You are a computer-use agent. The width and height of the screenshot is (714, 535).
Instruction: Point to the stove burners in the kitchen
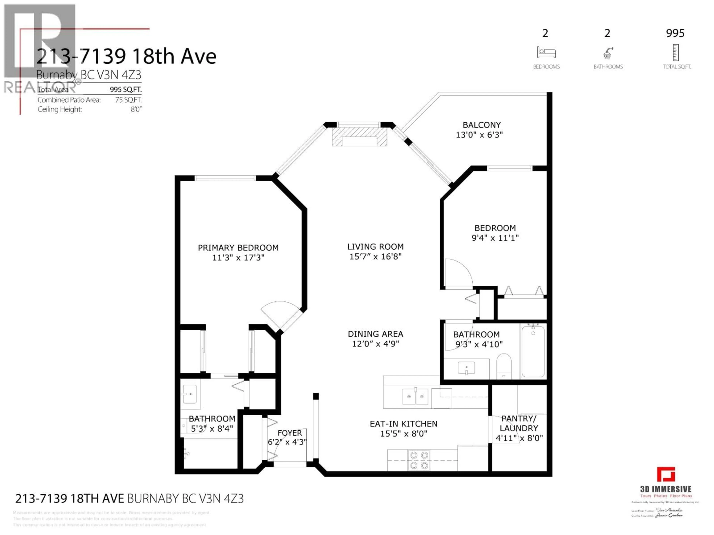pyautogui.click(x=419, y=460)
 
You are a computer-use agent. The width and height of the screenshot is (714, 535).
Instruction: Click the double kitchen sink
pyautogui.click(x=415, y=396)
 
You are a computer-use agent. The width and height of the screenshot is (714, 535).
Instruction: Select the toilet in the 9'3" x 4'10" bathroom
pyautogui.click(x=504, y=366)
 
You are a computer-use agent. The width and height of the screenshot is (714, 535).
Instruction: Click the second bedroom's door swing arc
pyautogui.click(x=458, y=273)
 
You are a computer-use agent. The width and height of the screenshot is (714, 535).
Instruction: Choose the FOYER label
pyautogui.click(x=290, y=433)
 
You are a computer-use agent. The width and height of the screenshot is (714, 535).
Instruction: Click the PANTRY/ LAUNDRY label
pyautogui.click(x=519, y=423)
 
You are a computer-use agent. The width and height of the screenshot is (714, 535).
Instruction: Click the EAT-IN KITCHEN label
pyautogui.click(x=403, y=424)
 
